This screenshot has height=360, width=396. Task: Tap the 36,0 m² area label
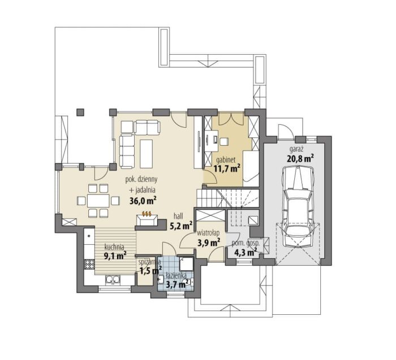pos(143,201)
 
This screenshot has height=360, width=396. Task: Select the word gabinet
pos(226,160)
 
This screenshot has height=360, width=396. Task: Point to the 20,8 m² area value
pos(300,158)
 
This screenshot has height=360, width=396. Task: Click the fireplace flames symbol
pos(147,214)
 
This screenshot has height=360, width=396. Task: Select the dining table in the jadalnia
pos(98,201)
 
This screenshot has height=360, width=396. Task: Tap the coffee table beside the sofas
pos(146,154)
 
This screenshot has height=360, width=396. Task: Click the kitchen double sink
pos(113,280)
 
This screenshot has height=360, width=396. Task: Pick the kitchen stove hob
pos(89,264)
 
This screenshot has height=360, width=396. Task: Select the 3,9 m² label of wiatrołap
pos(208,242)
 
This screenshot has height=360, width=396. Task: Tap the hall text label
pos(178,216)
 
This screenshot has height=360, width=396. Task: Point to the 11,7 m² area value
pos(227,168)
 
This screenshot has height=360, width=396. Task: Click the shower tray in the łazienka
pos(186,264)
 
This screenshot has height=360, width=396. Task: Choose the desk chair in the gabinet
pos(224,141)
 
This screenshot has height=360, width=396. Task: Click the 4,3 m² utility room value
pos(245,252)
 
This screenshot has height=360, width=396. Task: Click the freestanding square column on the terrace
pos(80,112)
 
